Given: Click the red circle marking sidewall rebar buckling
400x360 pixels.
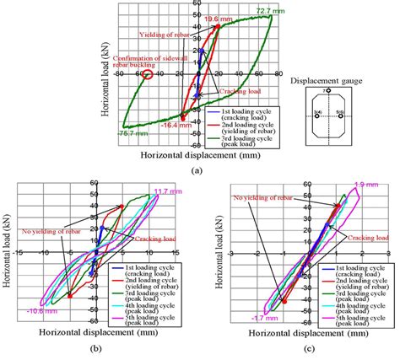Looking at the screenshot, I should (147, 74).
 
